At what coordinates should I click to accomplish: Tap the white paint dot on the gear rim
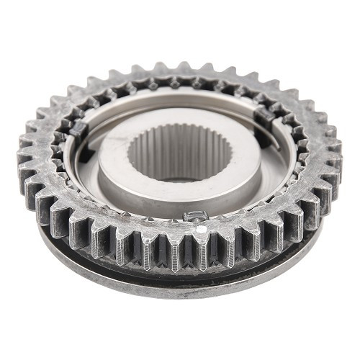202,229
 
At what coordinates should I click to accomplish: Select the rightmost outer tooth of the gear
333,148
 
